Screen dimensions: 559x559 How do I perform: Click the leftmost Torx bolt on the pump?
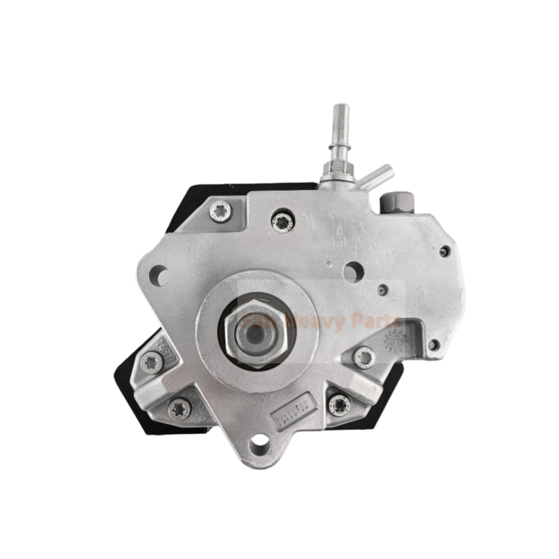[x=152, y=361]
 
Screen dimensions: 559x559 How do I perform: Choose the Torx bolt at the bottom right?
[x=340, y=403]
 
